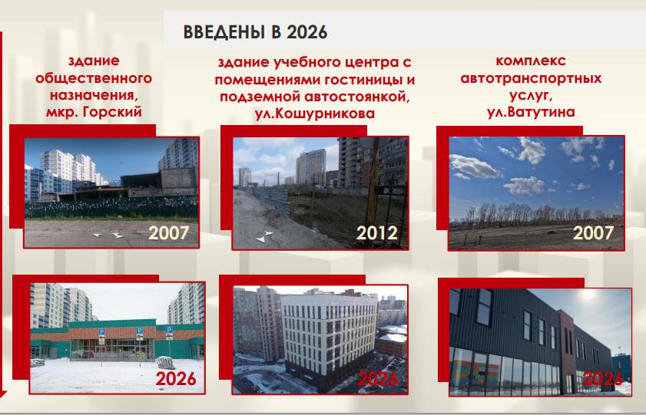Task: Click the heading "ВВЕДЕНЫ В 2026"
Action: (255, 32)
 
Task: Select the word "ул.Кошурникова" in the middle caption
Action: (315, 113)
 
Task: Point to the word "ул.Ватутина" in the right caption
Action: (531, 112)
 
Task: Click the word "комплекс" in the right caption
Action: (531, 61)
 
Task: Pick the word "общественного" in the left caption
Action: (94, 77)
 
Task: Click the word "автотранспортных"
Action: (531, 77)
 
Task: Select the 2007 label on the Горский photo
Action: (168, 232)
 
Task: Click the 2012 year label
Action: (377, 232)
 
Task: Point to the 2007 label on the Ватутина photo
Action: (593, 232)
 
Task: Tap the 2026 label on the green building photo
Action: (175, 378)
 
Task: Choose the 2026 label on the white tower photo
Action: (378, 378)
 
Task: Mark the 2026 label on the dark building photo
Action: (602, 378)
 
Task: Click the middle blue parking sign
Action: (140, 331)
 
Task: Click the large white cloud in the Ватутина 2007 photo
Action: (474, 166)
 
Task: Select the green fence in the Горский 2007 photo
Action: (111, 208)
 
